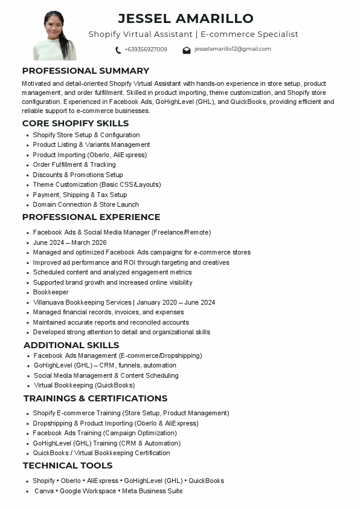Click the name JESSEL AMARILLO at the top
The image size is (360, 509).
pos(185,18)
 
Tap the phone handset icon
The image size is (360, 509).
pos(118,50)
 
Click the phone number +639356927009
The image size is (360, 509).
pos(146,50)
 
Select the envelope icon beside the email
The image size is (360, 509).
pos(187,50)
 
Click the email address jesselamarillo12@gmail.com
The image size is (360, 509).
pos(233,49)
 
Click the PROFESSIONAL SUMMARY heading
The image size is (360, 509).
pos(85,71)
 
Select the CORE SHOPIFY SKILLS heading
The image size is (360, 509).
pos(76,123)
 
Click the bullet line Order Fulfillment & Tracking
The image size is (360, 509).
pos(74,164)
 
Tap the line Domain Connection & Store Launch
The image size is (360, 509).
pos(86,204)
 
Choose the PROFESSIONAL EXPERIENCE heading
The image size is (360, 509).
pos(91,217)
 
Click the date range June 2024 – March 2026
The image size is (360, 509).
pos(69,242)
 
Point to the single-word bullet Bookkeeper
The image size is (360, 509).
pos(51,293)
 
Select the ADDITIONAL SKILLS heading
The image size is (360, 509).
pos(71,345)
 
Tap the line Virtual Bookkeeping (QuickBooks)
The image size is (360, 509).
pos(84,385)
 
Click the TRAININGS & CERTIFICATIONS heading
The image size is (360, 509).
pos(95,398)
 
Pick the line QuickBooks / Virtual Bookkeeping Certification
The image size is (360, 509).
pos(101,453)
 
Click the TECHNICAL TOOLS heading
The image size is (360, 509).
pos(68,465)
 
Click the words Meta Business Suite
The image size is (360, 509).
pos(152,491)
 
